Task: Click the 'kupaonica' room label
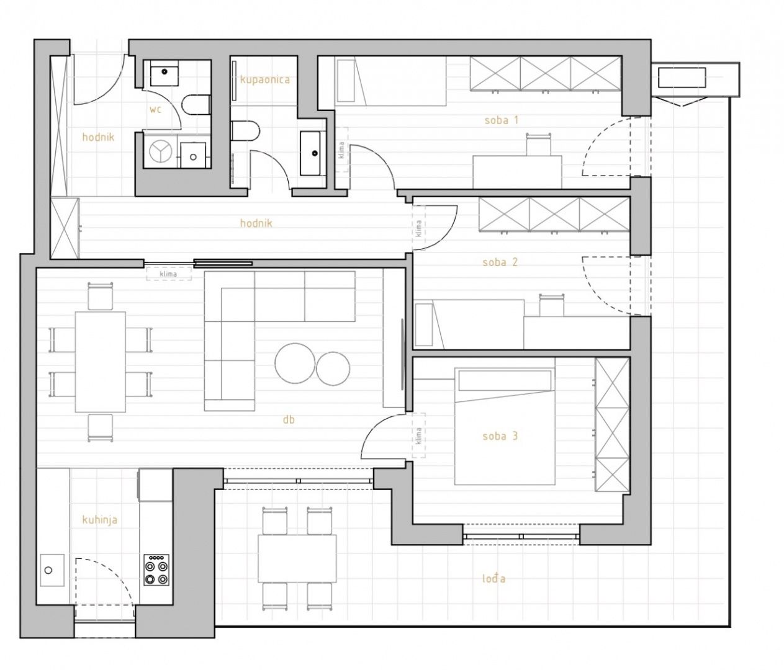264,80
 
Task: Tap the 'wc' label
156,110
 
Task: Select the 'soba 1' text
501,120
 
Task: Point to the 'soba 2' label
500,262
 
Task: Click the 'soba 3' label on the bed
500,435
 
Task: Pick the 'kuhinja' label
100,520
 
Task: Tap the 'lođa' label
493,578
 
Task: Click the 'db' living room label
289,420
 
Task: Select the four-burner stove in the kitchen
156,570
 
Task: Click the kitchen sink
52,570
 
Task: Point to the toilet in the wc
196,104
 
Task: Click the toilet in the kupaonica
245,131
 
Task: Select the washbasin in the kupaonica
313,153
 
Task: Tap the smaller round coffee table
333,369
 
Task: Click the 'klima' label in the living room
168,274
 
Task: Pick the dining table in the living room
101,362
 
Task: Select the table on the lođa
297,558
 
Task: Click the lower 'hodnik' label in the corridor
256,223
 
